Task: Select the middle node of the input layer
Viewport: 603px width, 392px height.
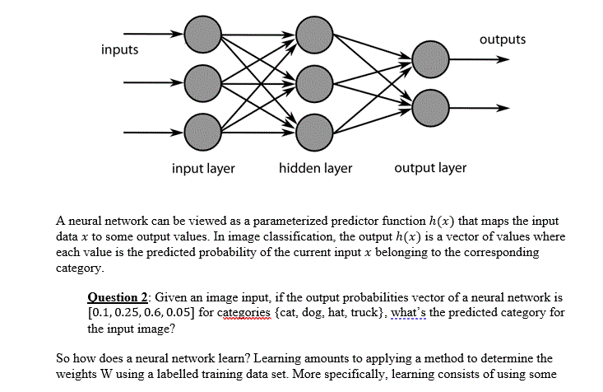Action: pyautogui.click(x=202, y=82)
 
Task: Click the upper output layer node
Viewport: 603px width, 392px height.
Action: pyautogui.click(x=432, y=59)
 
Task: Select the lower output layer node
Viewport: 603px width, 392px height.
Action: pyautogui.click(x=432, y=107)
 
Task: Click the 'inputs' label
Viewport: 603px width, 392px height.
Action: pyautogui.click(x=119, y=50)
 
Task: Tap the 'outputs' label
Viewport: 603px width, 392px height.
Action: pyautogui.click(x=502, y=40)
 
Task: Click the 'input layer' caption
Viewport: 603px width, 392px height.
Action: pyautogui.click(x=203, y=168)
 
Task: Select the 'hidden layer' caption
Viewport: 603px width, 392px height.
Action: pyautogui.click(x=315, y=168)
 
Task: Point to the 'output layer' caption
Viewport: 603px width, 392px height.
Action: pyautogui.click(x=430, y=168)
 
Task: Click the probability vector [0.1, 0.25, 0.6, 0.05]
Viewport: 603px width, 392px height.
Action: pyautogui.click(x=151, y=312)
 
